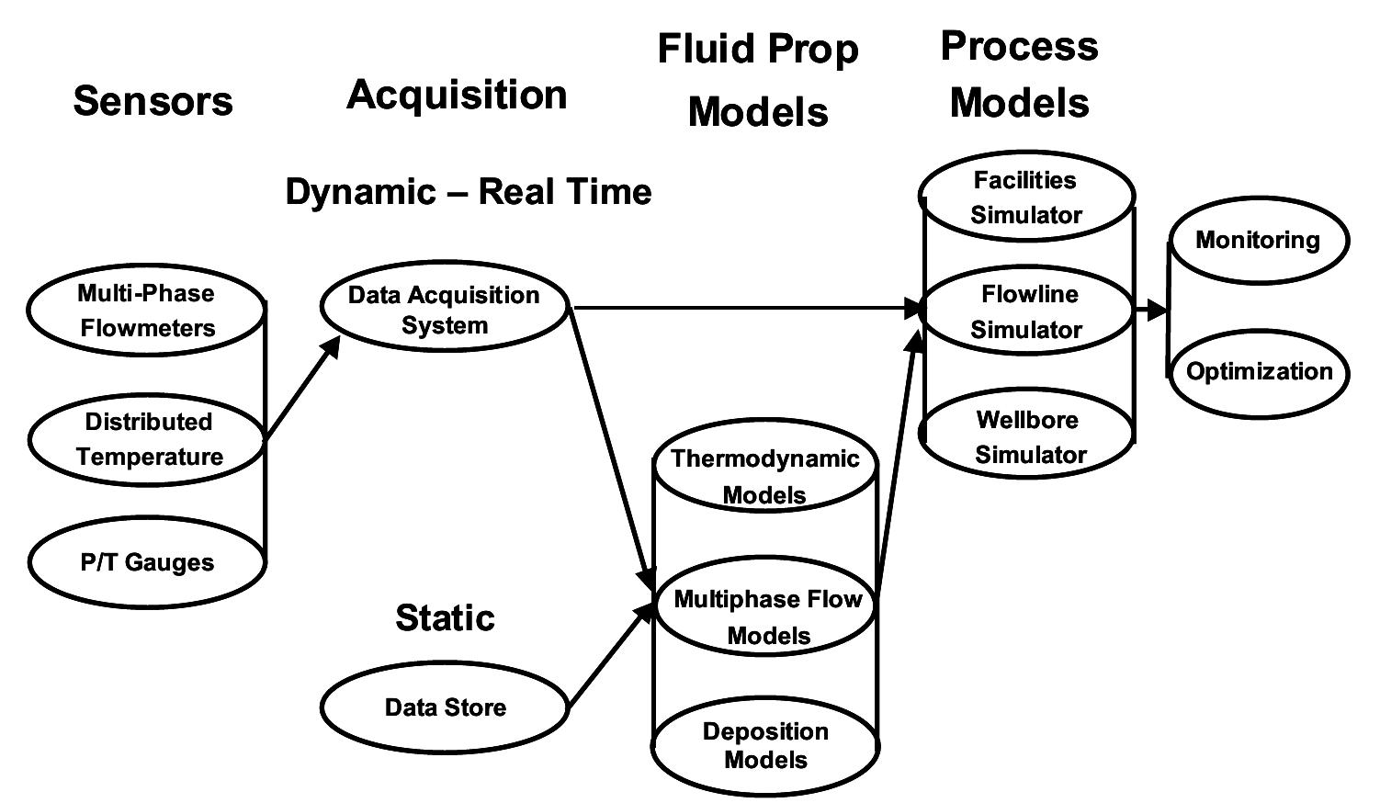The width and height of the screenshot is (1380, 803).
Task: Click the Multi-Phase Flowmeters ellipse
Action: click(147, 311)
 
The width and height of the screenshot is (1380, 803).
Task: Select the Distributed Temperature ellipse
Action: click(147, 439)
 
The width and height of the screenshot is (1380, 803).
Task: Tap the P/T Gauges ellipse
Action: click(147, 562)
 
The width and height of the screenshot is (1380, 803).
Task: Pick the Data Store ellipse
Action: click(445, 707)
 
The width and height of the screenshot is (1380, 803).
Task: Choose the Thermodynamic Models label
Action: click(764, 476)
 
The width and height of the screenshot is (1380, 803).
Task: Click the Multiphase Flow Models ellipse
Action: click(766, 616)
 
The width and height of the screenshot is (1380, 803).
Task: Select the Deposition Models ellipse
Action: click(765, 745)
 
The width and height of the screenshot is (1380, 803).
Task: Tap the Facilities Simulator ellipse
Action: click(1026, 198)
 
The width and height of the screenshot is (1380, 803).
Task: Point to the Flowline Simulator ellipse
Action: click(1026, 311)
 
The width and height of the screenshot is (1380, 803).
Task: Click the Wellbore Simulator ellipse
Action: click(1029, 436)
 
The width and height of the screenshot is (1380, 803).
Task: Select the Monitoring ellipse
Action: click(1257, 241)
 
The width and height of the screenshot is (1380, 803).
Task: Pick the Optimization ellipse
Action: click(1259, 372)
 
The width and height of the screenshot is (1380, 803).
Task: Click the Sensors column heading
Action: click(153, 101)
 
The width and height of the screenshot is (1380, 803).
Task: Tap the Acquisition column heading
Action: click(457, 96)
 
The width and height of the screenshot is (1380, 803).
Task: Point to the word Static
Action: click(445, 617)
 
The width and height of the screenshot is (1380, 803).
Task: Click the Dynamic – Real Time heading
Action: click(468, 192)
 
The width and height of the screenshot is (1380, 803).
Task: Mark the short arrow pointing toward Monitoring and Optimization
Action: click(1150, 311)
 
